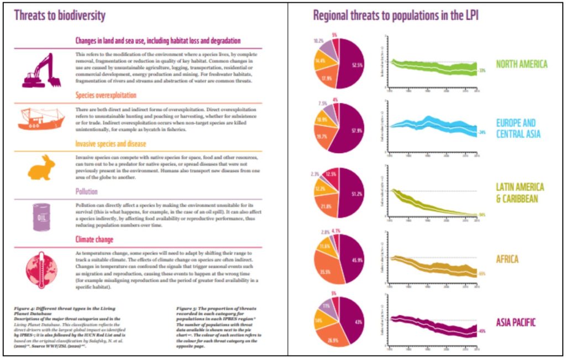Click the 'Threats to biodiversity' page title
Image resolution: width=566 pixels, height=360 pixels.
(60, 16)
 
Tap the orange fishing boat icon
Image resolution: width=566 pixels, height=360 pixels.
(41, 118)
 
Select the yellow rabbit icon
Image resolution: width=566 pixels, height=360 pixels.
(42, 167)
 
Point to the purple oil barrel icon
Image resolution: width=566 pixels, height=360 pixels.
(41, 215)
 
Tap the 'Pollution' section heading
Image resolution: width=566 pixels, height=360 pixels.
(87, 191)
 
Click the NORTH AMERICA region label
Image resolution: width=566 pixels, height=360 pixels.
(521, 64)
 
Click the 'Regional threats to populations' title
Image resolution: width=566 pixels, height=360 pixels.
(395, 15)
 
